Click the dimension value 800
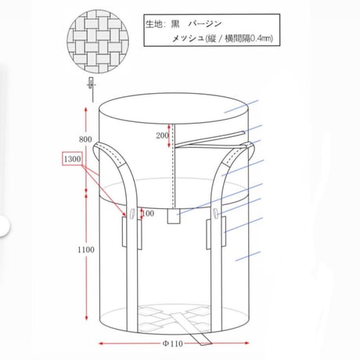[x=85, y=139]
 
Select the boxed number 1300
[x=72, y=159]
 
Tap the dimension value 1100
[x=86, y=250]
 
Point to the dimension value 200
[x=162, y=135]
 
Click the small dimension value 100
[x=148, y=214]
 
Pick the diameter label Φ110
[x=173, y=344]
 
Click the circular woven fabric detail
[x=98, y=41]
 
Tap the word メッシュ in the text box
[x=188, y=38]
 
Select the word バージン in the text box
[x=205, y=24]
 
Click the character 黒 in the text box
[x=175, y=24]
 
